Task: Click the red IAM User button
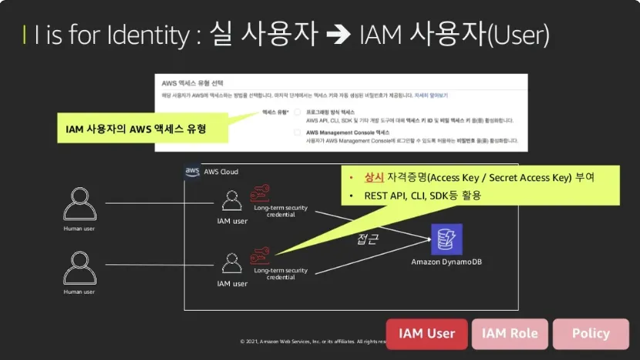tap(426, 334)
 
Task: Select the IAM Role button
tap(510, 334)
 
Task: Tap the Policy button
tap(591, 334)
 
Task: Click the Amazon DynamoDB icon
tap(446, 239)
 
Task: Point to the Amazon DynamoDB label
tap(446, 262)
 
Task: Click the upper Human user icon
tap(79, 204)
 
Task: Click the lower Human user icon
tap(79, 267)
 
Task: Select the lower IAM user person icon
tap(231, 264)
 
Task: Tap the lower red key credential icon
tap(261, 255)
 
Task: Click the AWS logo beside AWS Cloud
tap(193, 171)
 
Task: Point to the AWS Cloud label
tap(221, 172)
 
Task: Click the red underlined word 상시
tap(373, 177)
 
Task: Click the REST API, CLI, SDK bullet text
tap(423, 196)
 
